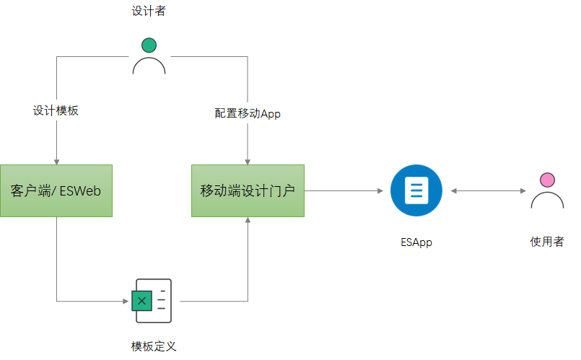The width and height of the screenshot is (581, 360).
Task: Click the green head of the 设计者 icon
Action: (x=149, y=45)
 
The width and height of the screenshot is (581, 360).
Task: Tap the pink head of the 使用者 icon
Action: (x=547, y=180)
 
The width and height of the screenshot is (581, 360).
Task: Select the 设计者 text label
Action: (x=149, y=12)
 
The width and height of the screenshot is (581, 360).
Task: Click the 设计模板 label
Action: (x=56, y=111)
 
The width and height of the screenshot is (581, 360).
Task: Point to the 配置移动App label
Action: (x=247, y=113)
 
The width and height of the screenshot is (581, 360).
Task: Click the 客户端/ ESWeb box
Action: (x=56, y=190)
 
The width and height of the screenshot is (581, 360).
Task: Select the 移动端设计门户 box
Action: (x=248, y=190)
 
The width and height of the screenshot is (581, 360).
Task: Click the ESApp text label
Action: (x=416, y=242)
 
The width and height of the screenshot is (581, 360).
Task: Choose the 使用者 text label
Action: (x=546, y=242)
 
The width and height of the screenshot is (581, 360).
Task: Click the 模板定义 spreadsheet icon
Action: (x=152, y=300)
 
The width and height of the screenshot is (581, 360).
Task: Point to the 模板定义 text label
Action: (x=153, y=346)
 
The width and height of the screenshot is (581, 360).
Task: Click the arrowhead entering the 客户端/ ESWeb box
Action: (x=56, y=161)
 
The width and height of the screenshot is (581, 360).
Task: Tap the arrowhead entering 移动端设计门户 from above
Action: (x=248, y=161)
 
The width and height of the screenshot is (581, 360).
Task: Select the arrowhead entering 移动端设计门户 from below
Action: (x=248, y=221)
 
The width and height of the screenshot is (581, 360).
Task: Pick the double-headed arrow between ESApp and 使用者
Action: (x=488, y=190)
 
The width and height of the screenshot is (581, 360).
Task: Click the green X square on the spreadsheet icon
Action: (x=142, y=300)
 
